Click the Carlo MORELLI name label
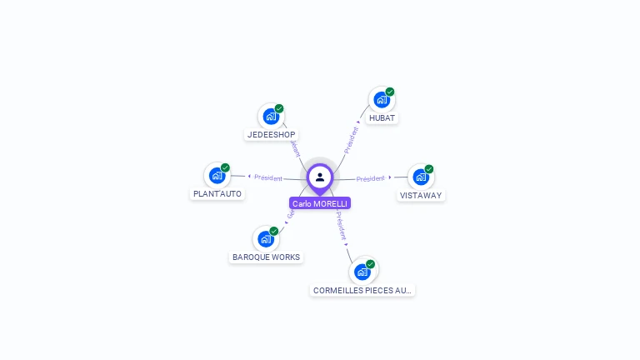(320, 203)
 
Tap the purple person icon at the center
(320, 177)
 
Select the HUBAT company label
(382, 117)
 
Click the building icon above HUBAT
(382, 100)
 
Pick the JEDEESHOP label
(271, 134)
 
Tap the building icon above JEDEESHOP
(271, 117)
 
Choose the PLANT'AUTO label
(217, 193)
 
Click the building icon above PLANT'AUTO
(217, 176)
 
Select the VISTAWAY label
(421, 195)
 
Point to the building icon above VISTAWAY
(421, 177)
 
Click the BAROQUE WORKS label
(266, 257)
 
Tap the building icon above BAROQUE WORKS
(266, 239)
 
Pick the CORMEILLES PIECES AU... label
(362, 290)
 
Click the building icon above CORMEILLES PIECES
(362, 272)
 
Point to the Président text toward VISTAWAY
(371, 178)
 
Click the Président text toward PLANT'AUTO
(268, 177)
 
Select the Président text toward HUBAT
(351, 138)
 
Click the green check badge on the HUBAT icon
(390, 92)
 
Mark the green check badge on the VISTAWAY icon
(429, 169)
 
